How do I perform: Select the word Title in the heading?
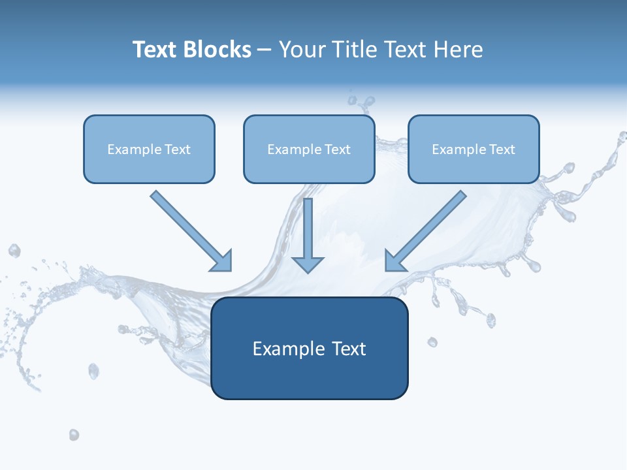[x=357, y=50]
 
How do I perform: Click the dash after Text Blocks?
[x=265, y=50]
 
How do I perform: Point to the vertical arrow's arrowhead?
[x=308, y=264]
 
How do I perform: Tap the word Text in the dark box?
[x=349, y=349]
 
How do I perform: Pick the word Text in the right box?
[x=502, y=149]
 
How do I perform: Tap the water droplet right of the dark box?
[x=432, y=342]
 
